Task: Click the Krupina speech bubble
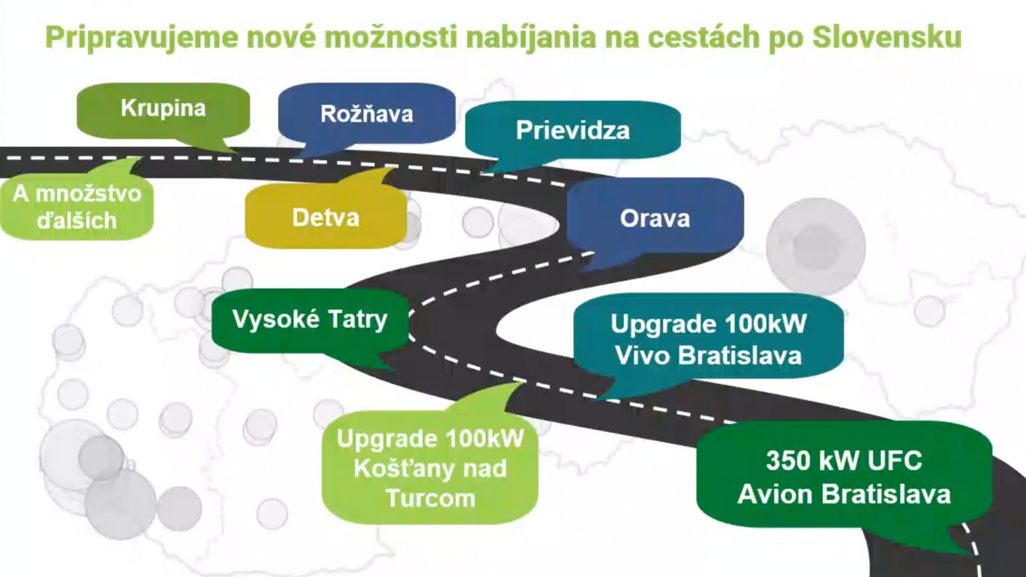coord(164,110)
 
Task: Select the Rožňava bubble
coord(367,114)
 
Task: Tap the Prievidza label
coord(572,130)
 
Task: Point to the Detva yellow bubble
coord(326,215)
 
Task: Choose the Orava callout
coord(655,218)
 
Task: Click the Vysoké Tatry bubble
coord(310,321)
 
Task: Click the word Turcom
coord(431,498)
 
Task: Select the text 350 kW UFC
coord(844,460)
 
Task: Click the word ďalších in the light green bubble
coord(77,221)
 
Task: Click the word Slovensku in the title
coord(887,37)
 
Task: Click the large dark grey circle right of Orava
coord(816,247)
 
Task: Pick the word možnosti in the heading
coord(391,37)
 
